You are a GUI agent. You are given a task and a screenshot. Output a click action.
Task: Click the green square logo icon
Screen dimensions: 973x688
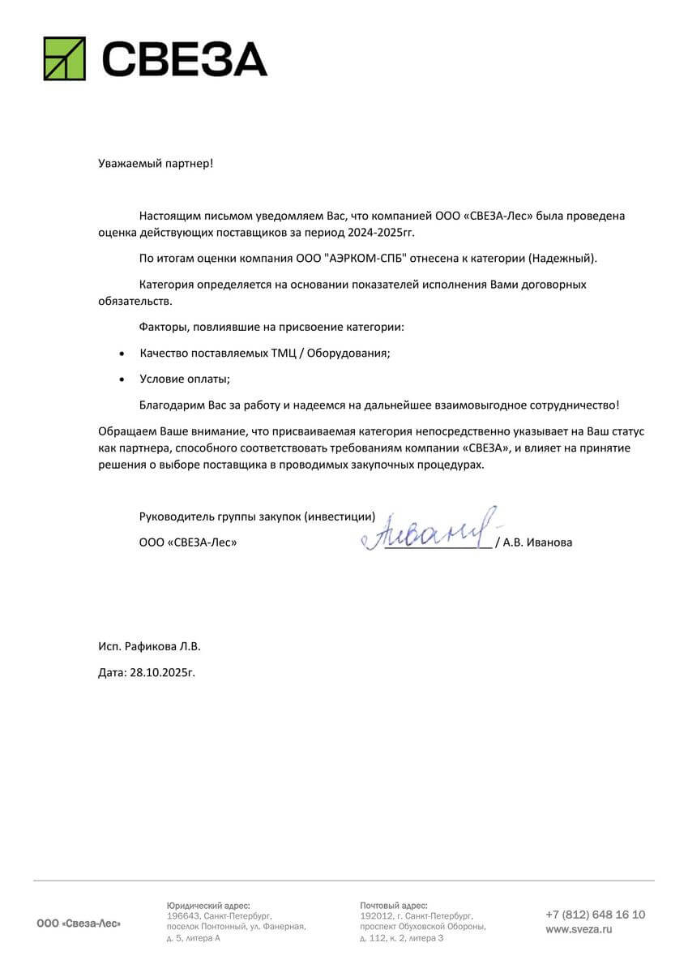click(64, 58)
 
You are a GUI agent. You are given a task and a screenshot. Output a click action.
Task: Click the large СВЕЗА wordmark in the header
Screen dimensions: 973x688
click(184, 59)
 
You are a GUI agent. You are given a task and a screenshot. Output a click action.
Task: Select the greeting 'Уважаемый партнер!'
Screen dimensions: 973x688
click(156, 163)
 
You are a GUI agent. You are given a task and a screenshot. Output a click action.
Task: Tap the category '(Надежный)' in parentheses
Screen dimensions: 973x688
click(562, 259)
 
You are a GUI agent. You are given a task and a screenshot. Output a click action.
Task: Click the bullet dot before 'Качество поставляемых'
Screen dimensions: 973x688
click(122, 354)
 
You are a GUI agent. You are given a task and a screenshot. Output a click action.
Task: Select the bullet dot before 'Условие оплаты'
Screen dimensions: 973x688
click(122, 379)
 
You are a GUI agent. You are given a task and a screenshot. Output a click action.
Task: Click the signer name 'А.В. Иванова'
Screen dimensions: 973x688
click(537, 542)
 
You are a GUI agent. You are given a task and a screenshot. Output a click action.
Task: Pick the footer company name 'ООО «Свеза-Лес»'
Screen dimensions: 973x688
click(79, 924)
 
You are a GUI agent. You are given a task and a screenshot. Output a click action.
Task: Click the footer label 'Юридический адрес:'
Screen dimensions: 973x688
click(208, 905)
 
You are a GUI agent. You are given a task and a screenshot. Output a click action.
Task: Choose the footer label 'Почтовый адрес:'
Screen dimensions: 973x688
click(393, 905)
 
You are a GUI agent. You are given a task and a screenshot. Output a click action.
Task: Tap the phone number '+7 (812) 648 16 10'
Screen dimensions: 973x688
click(595, 915)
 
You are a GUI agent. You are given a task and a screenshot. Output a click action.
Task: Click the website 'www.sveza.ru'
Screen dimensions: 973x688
click(579, 930)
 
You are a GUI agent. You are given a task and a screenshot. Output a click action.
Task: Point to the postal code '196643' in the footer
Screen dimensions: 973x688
click(182, 915)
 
